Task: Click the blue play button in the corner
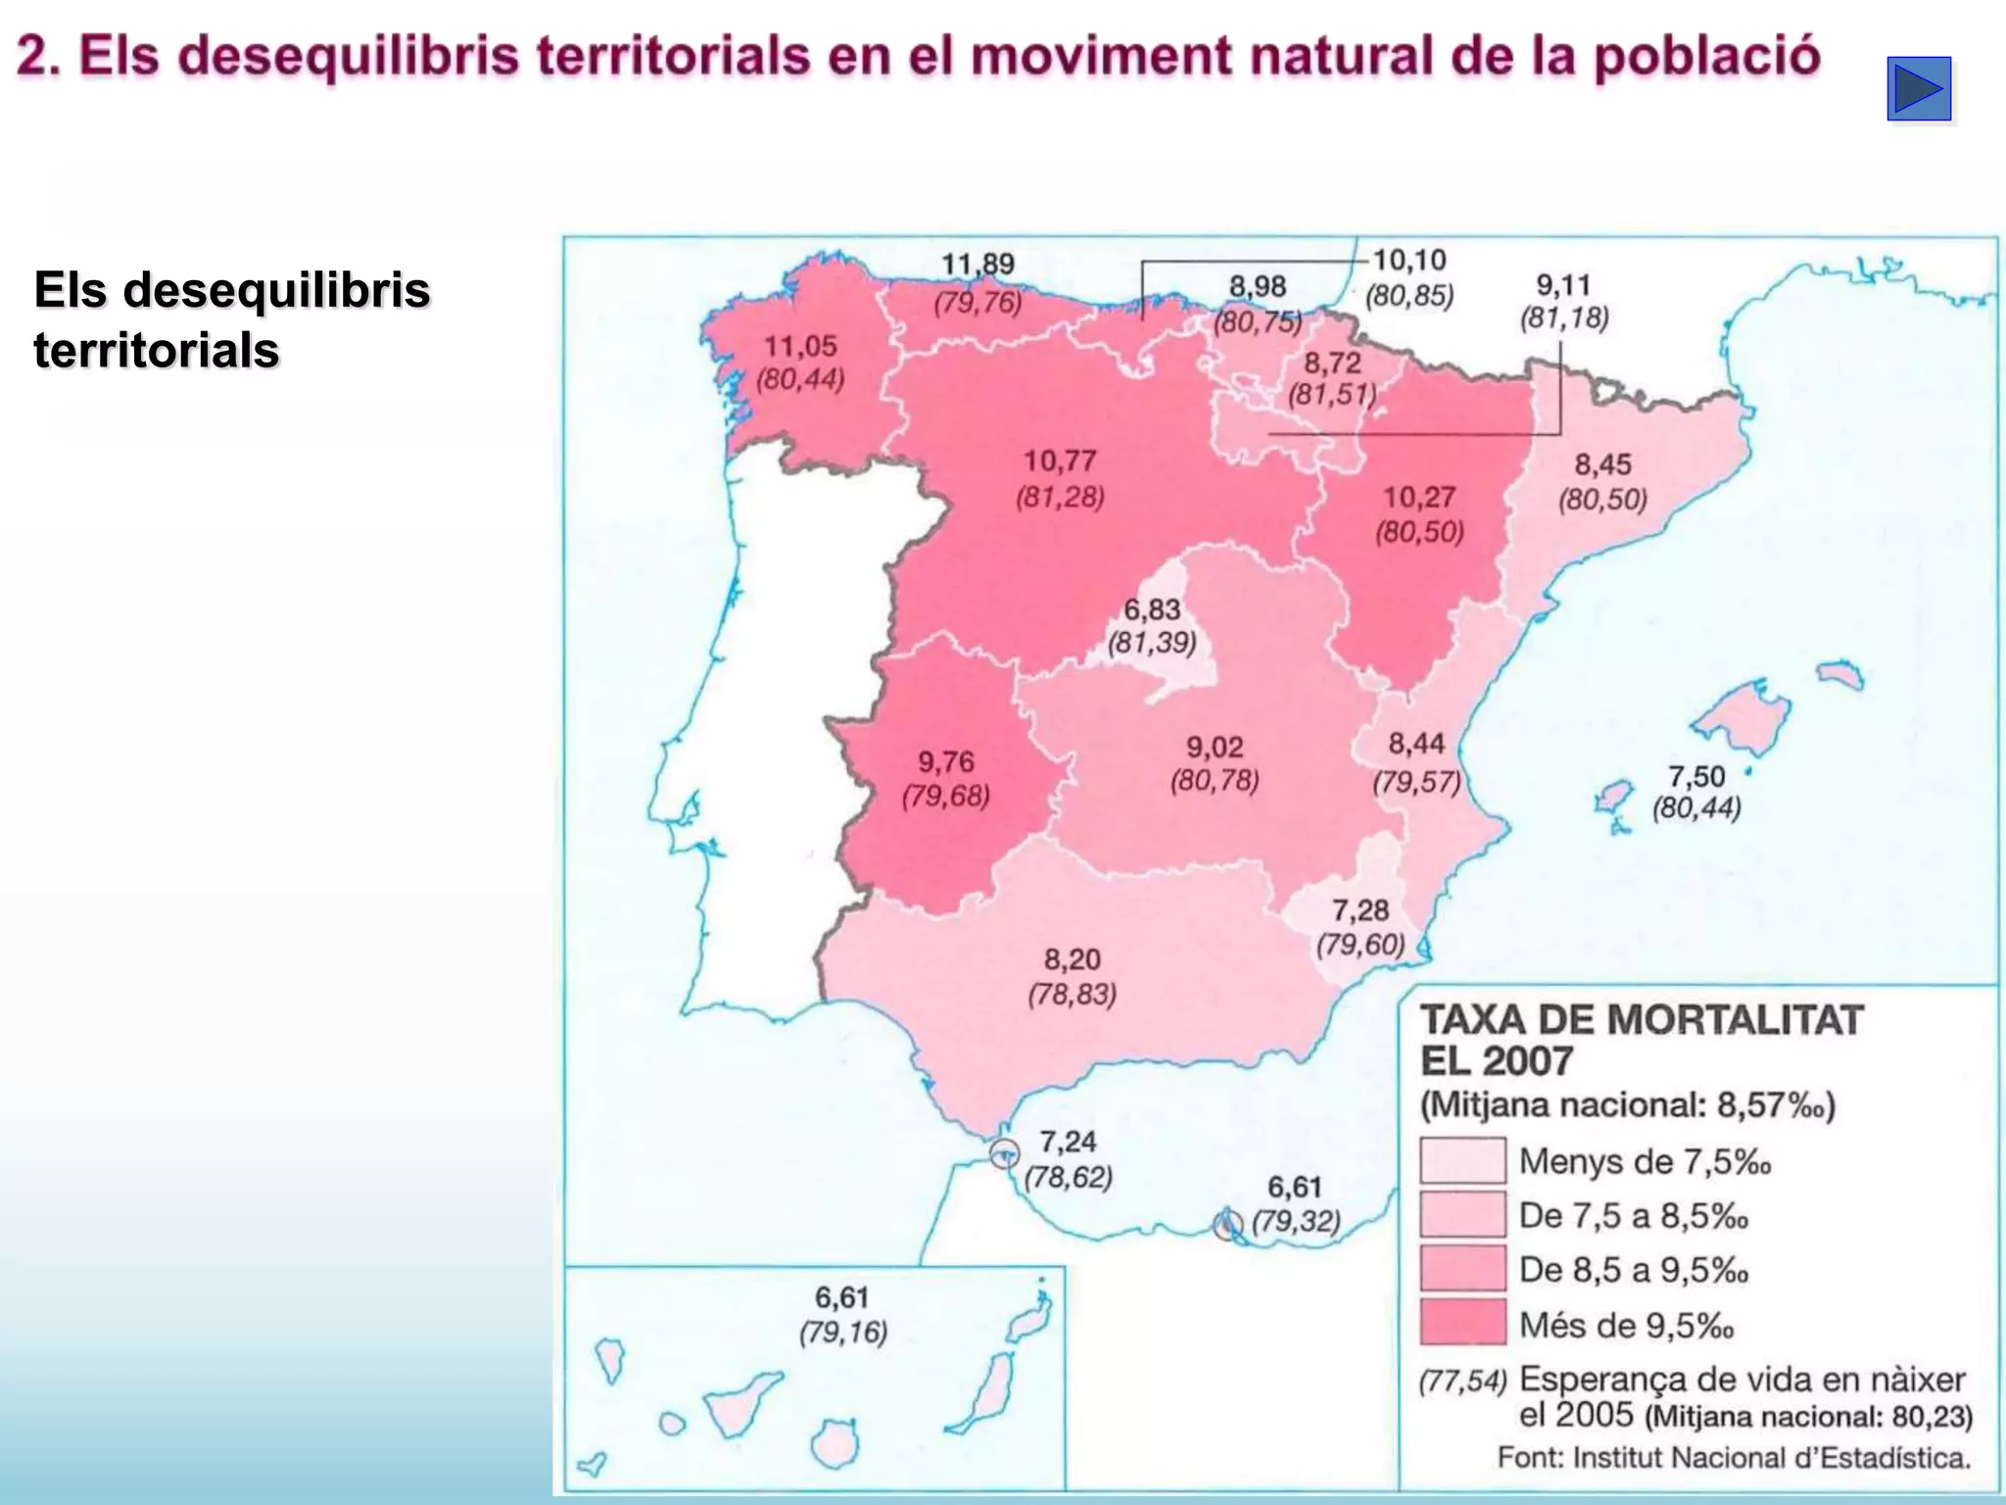[x=1919, y=89]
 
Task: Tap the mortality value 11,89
[x=978, y=265]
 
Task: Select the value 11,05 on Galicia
[x=800, y=346]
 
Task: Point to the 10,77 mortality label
[x=1059, y=461]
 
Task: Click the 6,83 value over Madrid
[x=1152, y=609]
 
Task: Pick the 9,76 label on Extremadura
[x=945, y=761]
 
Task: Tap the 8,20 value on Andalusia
[x=1072, y=959]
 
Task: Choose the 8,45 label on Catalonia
[x=1602, y=464]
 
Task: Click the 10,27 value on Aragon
[x=1419, y=497]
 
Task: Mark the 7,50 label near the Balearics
[x=1696, y=776]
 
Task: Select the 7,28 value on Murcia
[x=1360, y=910]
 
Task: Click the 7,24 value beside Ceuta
[x=1068, y=1141]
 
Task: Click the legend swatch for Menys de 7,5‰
[x=1462, y=1161]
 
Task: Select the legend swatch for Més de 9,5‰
[x=1462, y=1322]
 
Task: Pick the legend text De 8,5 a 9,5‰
[x=1633, y=1270]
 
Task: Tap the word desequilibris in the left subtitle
[x=276, y=290]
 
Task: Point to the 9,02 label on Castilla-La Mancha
[x=1215, y=748]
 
